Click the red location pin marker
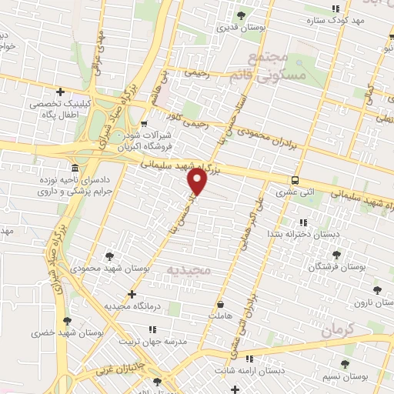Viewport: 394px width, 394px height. pos(198,182)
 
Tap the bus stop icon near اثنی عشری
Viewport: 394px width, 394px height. pos(295,179)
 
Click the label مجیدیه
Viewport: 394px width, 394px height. pos(189,271)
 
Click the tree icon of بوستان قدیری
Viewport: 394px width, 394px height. pos(242,15)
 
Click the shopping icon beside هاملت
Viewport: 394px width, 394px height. pos(221,303)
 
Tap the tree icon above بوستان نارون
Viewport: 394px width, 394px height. pos(376,290)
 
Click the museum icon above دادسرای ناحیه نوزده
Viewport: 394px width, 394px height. pos(75,169)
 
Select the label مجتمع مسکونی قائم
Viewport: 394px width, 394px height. pos(275,67)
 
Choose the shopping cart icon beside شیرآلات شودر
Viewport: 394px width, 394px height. pos(145,124)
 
